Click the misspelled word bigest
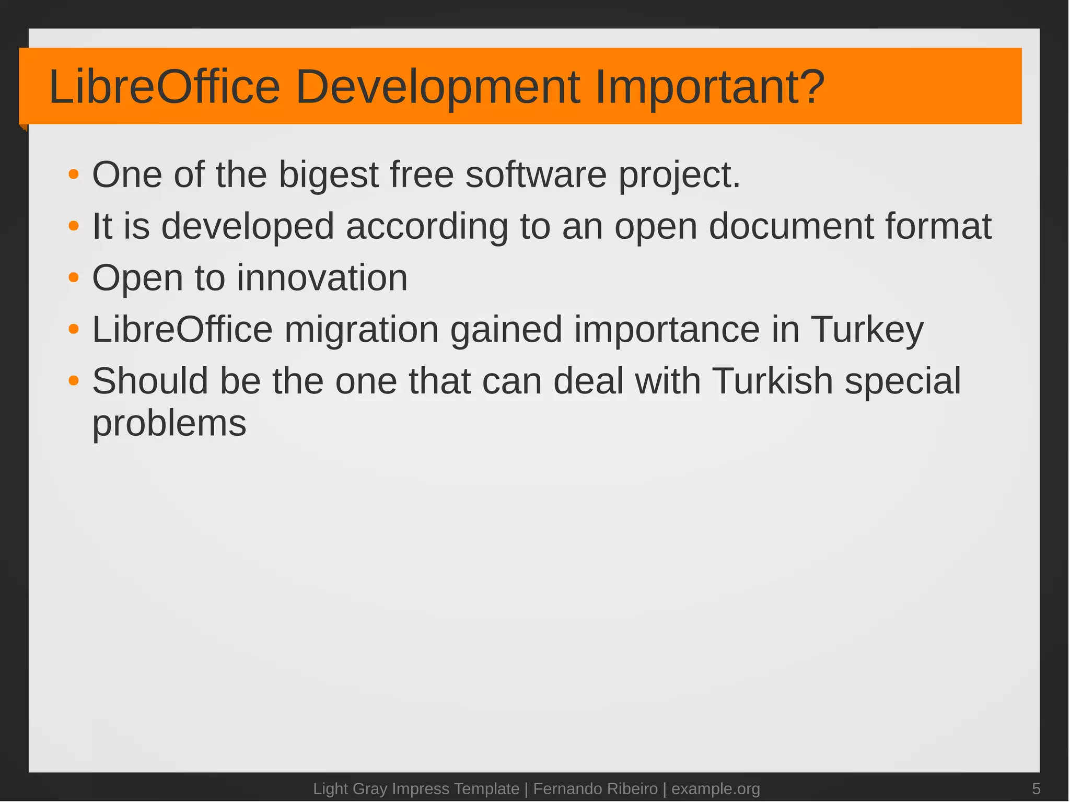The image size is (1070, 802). pos(328,175)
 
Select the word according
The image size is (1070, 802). pos(426,227)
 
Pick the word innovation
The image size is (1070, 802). pos(322,277)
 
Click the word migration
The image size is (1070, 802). pos(361,330)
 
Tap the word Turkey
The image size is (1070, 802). pos(867,330)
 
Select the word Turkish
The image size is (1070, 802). pos(772,381)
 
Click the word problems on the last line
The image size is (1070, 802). pos(169,423)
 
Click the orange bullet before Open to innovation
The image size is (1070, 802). pos(74,278)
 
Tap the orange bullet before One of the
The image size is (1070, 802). pos(74,175)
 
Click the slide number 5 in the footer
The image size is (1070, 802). pos(1036,788)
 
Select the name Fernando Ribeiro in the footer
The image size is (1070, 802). pos(595,788)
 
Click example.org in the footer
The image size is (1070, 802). pos(715,788)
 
